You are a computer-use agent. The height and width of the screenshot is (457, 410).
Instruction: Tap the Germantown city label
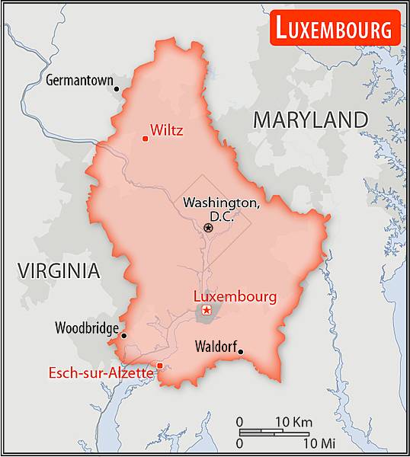[79, 79]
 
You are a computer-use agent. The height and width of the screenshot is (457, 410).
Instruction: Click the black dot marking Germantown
[117, 88]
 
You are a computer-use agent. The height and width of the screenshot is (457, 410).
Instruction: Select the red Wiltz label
[166, 129]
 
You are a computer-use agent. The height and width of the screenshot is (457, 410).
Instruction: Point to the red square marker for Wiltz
[145, 138]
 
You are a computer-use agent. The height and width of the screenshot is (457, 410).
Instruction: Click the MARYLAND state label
[310, 120]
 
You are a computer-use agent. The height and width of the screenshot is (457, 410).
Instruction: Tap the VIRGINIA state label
[59, 270]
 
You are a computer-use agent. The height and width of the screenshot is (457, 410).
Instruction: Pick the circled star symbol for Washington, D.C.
[208, 227]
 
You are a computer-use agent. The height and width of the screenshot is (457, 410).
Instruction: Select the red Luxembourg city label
[235, 296]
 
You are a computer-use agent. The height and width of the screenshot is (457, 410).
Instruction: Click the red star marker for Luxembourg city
[206, 310]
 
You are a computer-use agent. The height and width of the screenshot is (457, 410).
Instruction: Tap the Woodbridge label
[86, 328]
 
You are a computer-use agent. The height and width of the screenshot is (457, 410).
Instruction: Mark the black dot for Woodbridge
[123, 335]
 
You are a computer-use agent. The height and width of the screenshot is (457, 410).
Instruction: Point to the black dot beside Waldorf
[240, 351]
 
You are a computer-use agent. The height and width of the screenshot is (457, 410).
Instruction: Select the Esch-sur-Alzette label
[101, 373]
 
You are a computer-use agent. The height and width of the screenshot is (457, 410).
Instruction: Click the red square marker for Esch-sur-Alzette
[160, 366]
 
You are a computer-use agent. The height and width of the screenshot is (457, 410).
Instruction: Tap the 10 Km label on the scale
[293, 421]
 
